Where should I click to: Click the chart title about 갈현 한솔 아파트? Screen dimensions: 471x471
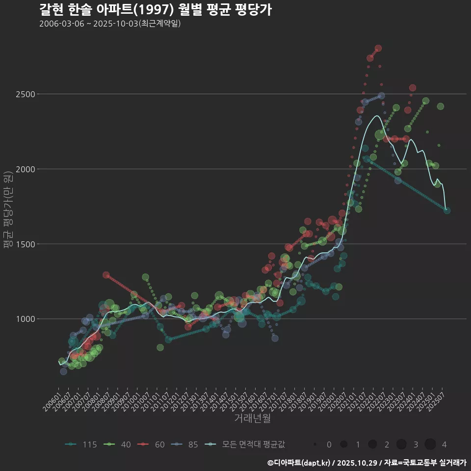click(155, 10)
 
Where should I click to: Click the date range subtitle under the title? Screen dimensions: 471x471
click(110, 24)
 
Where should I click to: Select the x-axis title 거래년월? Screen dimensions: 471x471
click(252, 419)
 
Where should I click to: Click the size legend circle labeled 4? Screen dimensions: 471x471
click(430, 445)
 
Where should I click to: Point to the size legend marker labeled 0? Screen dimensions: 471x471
click(315, 445)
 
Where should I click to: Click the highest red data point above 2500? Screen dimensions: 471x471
click(378, 48)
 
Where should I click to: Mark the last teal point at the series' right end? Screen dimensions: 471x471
click(447, 210)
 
